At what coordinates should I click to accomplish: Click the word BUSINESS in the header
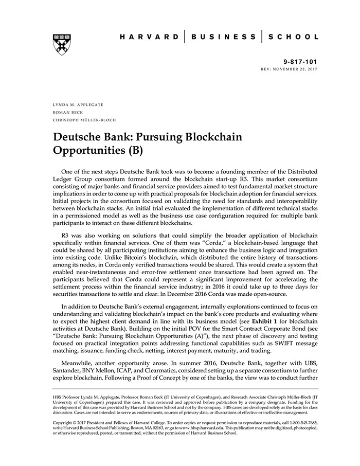pyautogui.click(x=223, y=37)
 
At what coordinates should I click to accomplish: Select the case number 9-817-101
pyautogui.click(x=300, y=61)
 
